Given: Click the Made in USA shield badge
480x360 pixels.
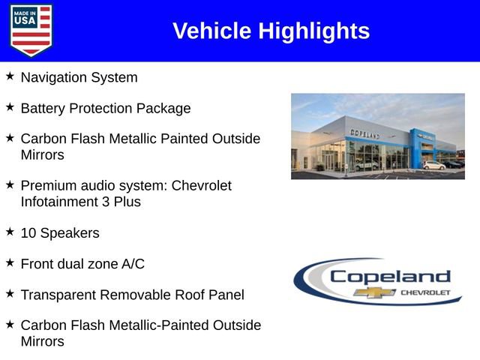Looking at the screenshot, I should pyautogui.click(x=31, y=30).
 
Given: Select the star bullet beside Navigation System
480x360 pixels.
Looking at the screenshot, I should pyautogui.click(x=10, y=76).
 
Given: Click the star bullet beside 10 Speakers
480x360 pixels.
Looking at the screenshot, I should pyautogui.click(x=10, y=232).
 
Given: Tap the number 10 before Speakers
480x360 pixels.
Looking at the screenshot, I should pyautogui.click(x=28, y=233).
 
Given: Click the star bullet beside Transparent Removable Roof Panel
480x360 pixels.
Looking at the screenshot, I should pyautogui.click(x=10, y=293).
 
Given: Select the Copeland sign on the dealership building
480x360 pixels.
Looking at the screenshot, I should pyautogui.click(x=364, y=133).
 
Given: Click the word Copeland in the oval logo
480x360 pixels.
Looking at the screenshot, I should pyautogui.click(x=390, y=276).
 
